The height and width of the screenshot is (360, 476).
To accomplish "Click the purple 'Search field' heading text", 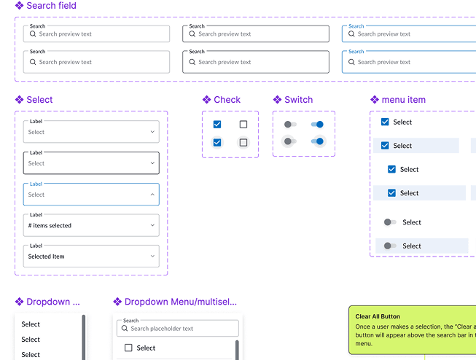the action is (51, 5).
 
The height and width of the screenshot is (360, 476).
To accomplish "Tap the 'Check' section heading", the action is (227, 100).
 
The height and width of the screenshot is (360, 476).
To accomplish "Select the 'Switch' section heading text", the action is (298, 100).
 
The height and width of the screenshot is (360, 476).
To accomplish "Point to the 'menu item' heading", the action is (403, 100).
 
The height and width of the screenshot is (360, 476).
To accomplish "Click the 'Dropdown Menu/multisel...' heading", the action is (181, 302).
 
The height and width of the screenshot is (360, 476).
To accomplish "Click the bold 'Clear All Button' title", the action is (378, 316).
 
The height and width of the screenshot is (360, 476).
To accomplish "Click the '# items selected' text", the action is (50, 225).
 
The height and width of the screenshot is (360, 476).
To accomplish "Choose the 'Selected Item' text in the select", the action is (46, 257).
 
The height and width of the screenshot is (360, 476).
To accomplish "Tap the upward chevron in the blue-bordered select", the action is (152, 195).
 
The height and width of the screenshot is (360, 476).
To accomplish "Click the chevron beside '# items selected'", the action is (152, 225).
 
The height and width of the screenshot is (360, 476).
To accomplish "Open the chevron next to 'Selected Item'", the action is (152, 257).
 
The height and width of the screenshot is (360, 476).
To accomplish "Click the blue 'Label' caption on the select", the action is (36, 184).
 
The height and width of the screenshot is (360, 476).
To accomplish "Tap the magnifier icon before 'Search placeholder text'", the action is (125, 328).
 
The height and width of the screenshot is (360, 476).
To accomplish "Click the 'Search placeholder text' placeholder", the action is (162, 329).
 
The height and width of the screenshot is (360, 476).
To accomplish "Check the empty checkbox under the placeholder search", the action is (128, 348).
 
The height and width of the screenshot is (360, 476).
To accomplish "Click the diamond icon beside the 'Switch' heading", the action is (277, 100).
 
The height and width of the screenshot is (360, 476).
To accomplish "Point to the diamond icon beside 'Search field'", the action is (19, 5).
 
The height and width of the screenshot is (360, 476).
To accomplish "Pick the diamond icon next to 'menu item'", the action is (375, 100).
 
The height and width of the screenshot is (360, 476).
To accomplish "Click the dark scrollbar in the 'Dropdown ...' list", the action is (84, 337).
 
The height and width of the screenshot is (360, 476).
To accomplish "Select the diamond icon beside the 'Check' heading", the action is (207, 100).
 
